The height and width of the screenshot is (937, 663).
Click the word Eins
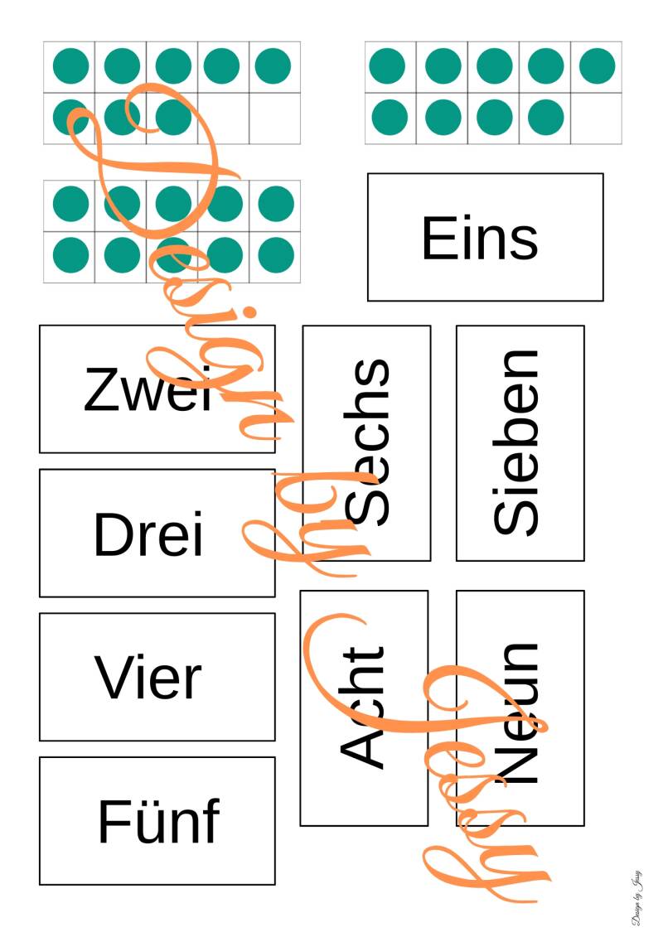click(x=480, y=238)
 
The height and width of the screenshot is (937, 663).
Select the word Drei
click(x=148, y=534)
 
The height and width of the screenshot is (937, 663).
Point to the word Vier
click(x=148, y=678)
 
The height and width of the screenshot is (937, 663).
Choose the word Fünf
click(x=158, y=822)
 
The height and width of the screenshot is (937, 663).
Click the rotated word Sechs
click(x=366, y=442)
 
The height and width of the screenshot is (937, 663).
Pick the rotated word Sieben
click(x=516, y=442)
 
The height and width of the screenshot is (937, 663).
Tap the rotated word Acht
click(x=363, y=707)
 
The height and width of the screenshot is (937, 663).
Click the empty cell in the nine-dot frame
click(x=597, y=118)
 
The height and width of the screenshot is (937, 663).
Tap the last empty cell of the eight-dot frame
click(x=274, y=118)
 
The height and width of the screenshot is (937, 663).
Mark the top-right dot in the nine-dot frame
click(x=597, y=66)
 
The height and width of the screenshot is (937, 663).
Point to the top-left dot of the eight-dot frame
click(x=70, y=66)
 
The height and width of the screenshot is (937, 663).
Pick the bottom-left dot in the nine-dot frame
click(x=389, y=118)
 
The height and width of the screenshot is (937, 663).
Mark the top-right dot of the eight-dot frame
click(x=273, y=66)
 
